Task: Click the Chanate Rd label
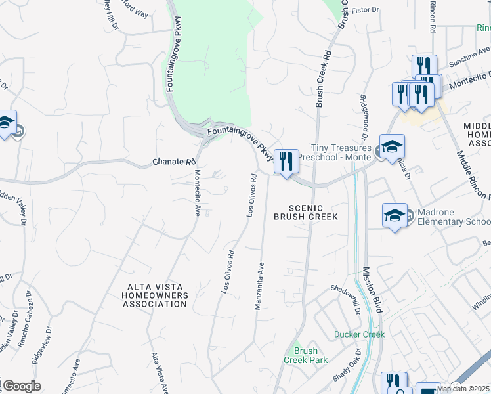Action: click(x=174, y=161)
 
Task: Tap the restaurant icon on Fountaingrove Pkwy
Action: click(x=286, y=162)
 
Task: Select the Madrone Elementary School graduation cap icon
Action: click(x=395, y=216)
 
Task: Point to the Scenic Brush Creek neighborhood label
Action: click(x=305, y=212)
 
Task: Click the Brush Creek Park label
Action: click(x=301, y=355)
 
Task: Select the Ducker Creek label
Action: click(x=358, y=334)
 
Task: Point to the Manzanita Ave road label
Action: click(x=260, y=282)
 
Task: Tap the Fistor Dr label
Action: click(x=366, y=11)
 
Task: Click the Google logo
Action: click(x=21, y=386)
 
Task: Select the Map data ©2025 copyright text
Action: click(x=462, y=389)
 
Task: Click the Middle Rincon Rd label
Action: click(x=474, y=174)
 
